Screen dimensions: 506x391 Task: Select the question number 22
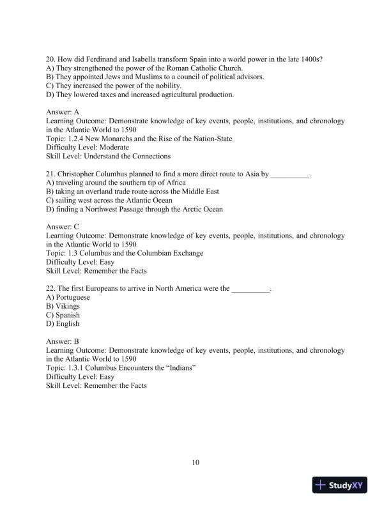click(x=50, y=288)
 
